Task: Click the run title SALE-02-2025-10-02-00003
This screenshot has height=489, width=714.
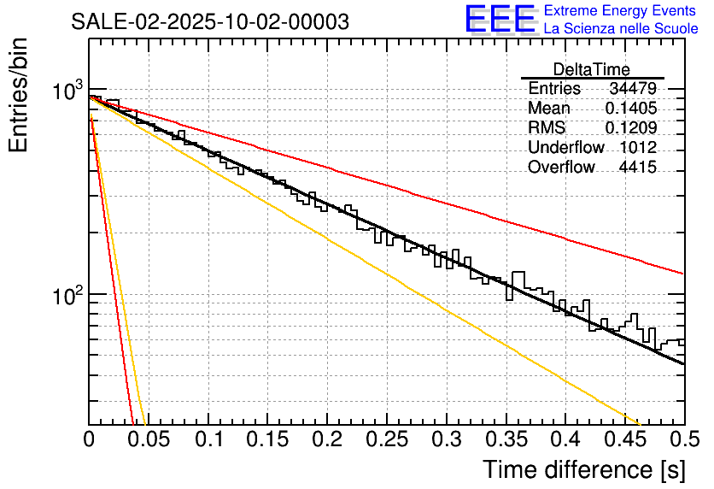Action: coord(209,22)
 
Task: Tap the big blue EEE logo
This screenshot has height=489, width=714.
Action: coord(500,19)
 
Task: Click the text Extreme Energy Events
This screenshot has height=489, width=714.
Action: coord(620,11)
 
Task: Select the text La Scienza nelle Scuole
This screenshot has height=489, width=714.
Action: coord(620,29)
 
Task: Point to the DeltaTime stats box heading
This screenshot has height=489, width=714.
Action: coord(592,69)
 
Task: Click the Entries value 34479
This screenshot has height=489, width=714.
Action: coord(633,89)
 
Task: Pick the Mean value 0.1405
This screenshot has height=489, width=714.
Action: coord(630,109)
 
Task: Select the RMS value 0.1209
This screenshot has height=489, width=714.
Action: coord(630,128)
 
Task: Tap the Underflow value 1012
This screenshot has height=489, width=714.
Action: coord(638,148)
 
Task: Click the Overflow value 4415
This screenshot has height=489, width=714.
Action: coord(637,168)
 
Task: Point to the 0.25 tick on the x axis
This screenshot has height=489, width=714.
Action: coord(387,439)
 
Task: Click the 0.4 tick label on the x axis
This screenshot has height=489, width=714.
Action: coord(565,439)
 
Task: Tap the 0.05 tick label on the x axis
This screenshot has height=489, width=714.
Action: coord(149,439)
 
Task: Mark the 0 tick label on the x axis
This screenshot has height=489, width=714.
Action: coord(89,439)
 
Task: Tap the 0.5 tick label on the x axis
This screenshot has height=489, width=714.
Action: coord(684,439)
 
